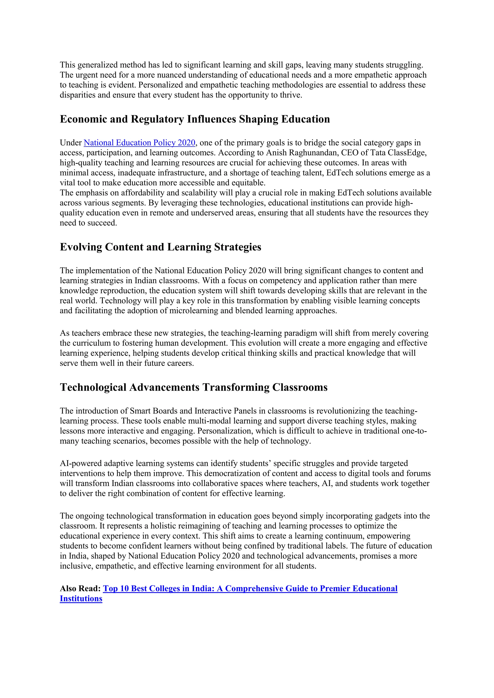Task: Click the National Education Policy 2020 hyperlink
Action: [139, 143]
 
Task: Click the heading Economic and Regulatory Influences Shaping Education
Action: [195, 119]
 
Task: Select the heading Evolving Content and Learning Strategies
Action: [160, 247]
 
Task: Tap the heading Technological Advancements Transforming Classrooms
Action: [193, 387]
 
